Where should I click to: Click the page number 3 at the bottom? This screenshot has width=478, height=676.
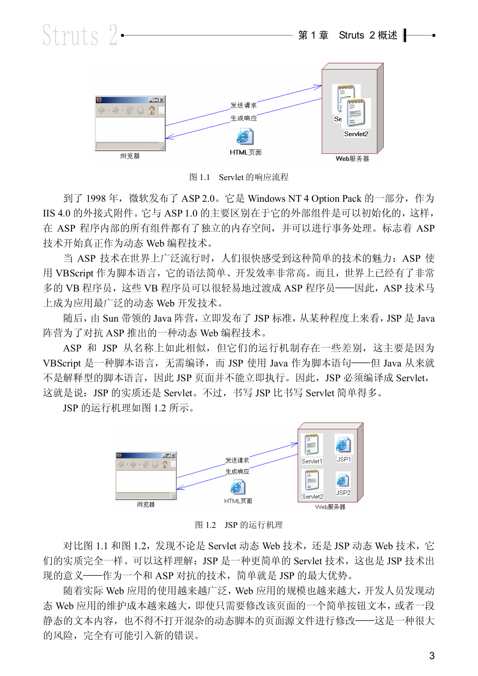432,656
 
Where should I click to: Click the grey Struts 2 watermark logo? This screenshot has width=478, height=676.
80,35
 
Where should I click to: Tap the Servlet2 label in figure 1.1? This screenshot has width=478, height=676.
356,134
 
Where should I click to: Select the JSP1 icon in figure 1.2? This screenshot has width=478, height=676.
343,445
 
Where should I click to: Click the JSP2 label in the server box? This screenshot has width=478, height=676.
343,493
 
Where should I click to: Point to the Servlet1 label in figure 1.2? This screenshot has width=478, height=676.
312,461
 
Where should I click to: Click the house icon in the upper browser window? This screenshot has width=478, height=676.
152,110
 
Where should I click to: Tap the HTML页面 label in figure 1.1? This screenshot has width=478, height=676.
245,152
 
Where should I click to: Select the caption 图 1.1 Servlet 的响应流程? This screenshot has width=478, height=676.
239,177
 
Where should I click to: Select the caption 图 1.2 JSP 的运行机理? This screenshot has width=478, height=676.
239,525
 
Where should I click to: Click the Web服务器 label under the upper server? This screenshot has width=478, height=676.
352,159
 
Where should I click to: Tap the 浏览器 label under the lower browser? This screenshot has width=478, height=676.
145,504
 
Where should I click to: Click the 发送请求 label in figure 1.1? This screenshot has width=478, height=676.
243,105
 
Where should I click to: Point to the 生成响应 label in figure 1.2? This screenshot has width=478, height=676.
237,472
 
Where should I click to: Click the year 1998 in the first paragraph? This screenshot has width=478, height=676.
96,198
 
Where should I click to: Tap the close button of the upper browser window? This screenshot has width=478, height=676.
161,100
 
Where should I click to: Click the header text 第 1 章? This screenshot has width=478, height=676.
313,35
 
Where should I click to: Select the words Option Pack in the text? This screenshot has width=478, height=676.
336,198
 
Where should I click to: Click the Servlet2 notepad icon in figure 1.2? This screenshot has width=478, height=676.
312,480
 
